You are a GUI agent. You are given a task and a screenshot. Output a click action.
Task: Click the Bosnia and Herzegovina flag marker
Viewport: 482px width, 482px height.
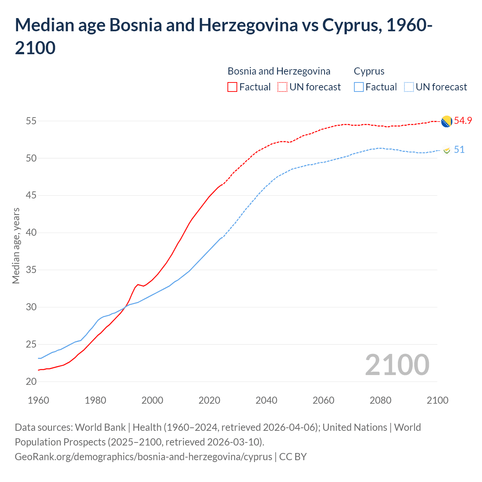pyautogui.click(x=446, y=122)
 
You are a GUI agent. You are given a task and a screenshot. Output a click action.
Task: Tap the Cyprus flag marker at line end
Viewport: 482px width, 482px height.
pyautogui.click(x=447, y=150)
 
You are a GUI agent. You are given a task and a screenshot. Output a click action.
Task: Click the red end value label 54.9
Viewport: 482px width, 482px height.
pyautogui.click(x=463, y=121)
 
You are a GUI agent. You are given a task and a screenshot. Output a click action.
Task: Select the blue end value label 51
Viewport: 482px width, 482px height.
pyautogui.click(x=459, y=150)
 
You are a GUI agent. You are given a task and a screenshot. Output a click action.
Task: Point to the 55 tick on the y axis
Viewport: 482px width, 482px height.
pyautogui.click(x=31, y=121)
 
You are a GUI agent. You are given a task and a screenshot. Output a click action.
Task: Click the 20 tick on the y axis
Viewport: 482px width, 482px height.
pyautogui.click(x=31, y=382)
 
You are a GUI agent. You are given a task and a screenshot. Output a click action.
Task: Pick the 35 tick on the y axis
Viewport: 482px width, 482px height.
pyautogui.click(x=31, y=270)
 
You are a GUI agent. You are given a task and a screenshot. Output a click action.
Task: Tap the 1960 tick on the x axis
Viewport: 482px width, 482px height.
pyautogui.click(x=38, y=400)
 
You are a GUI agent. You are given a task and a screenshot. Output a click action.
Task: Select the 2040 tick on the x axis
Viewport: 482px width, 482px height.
pyautogui.click(x=266, y=400)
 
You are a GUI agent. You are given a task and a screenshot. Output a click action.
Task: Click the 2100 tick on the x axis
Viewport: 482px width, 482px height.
pyautogui.click(x=437, y=400)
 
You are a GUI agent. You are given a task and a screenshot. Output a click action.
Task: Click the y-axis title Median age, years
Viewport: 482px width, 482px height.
pyautogui.click(x=16, y=246)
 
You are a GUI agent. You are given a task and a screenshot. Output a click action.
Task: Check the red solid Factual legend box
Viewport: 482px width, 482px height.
pyautogui.click(x=232, y=87)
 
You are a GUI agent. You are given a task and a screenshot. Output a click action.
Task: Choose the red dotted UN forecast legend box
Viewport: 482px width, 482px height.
pyautogui.click(x=282, y=87)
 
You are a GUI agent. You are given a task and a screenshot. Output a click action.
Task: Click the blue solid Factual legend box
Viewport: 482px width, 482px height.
pyautogui.click(x=359, y=87)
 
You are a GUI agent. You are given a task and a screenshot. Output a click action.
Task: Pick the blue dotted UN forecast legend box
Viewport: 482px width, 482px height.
pyautogui.click(x=409, y=87)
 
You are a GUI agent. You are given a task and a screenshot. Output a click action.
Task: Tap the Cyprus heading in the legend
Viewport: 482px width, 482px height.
pyautogui.click(x=369, y=71)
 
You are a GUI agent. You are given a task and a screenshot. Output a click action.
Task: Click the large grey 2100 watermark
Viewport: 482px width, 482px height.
pyautogui.click(x=397, y=365)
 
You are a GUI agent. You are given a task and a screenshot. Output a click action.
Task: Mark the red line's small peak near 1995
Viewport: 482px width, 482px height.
pyautogui.click(x=138, y=284)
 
